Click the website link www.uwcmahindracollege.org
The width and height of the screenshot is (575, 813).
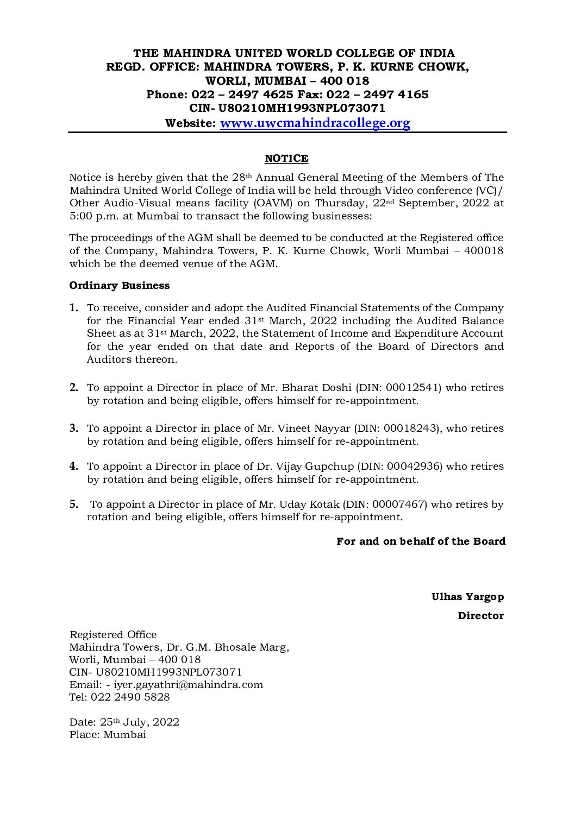click(315, 123)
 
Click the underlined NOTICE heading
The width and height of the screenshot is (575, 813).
click(286, 159)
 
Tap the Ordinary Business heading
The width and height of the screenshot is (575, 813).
click(120, 286)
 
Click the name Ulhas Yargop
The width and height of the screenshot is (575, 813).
click(467, 597)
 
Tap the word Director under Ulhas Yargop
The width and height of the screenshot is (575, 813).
click(480, 616)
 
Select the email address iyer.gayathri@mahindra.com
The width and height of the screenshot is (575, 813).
click(188, 685)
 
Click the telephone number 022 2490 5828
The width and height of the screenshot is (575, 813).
click(130, 697)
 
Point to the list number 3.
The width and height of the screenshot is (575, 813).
click(74, 428)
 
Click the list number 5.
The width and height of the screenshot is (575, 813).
click(74, 505)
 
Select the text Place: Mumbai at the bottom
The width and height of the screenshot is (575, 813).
click(108, 735)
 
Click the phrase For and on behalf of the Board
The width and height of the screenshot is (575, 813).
click(421, 541)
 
